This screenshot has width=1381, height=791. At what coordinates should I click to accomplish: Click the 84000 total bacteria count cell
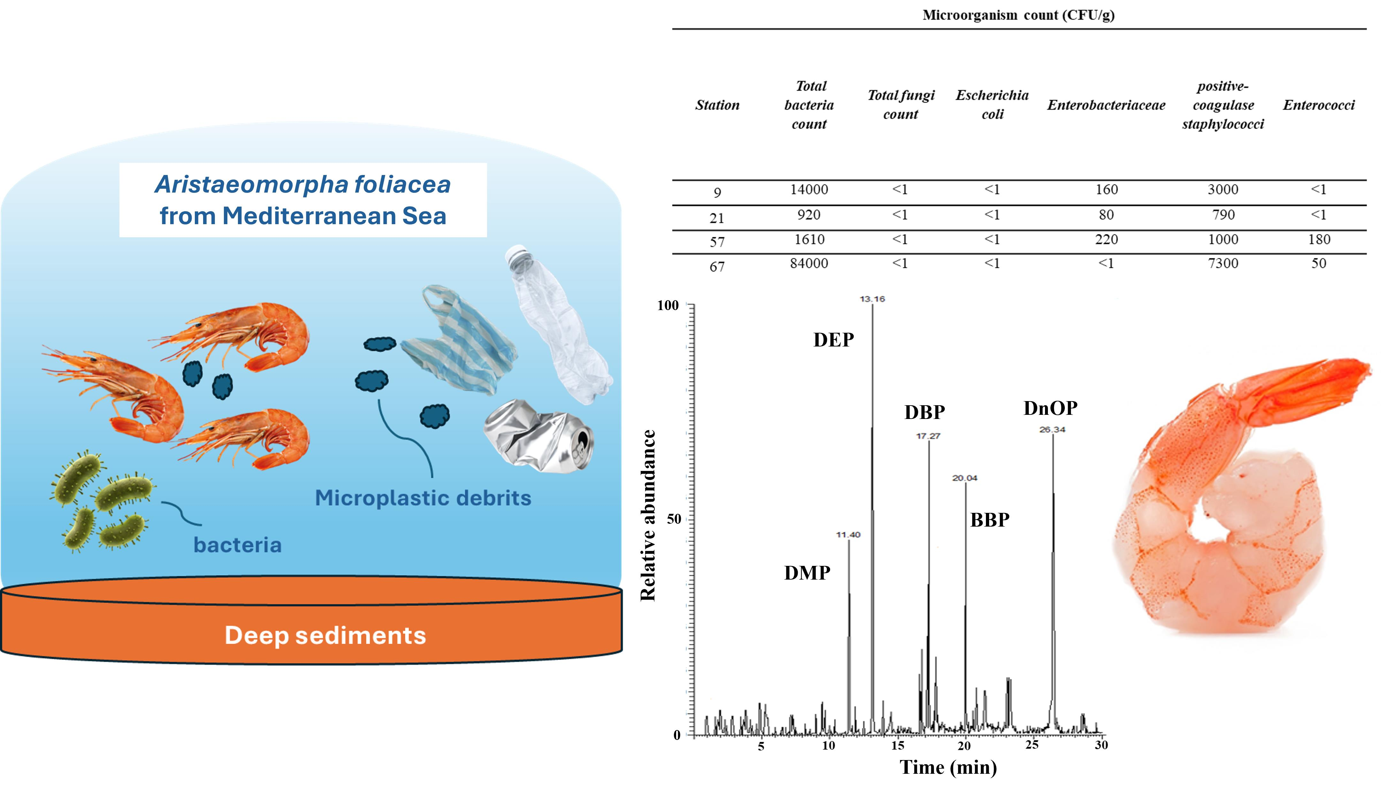point(809,263)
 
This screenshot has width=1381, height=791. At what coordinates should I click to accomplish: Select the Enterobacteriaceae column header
point(1106,105)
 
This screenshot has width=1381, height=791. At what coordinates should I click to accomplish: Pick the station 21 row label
point(717,218)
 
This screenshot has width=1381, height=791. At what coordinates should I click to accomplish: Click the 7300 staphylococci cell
point(1223,263)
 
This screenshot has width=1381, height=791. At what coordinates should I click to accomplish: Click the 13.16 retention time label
point(872,299)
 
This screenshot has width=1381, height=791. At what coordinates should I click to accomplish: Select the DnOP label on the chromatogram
point(1050,408)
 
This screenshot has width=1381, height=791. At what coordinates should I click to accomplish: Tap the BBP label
point(990,520)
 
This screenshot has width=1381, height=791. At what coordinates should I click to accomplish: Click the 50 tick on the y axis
point(674,519)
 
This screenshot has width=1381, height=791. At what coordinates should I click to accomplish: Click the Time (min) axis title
point(948,767)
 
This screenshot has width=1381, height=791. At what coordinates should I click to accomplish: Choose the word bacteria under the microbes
point(237,545)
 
